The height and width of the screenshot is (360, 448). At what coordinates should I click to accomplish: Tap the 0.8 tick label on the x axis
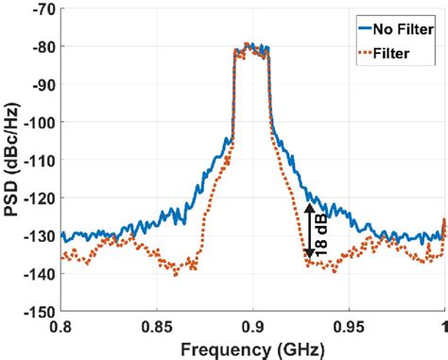[61, 325]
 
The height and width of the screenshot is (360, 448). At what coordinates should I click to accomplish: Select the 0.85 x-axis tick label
[157, 325]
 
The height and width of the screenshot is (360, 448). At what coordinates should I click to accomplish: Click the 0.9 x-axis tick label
[253, 325]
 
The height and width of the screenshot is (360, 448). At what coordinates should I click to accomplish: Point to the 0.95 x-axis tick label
[349, 325]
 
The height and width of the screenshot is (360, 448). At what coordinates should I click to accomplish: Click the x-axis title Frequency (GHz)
[251, 348]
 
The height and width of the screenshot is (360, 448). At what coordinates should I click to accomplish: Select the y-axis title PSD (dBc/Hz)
[12, 160]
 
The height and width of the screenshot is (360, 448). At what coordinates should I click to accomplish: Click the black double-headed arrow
[309, 232]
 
